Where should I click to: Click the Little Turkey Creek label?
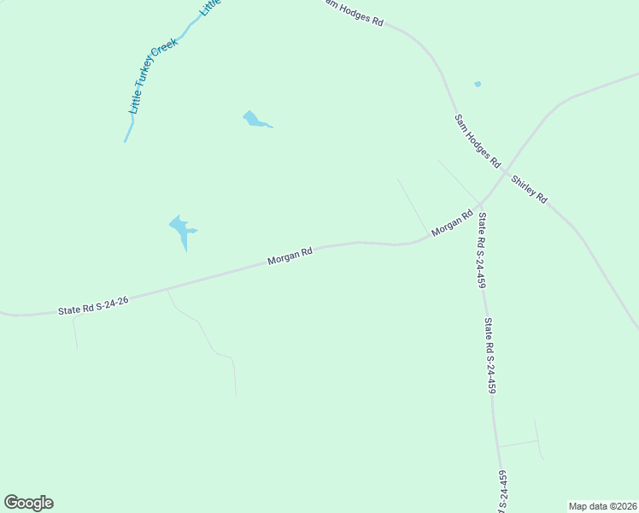(153, 77)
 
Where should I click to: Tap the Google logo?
(28, 503)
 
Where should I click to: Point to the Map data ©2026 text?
(602, 505)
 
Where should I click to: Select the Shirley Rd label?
(529, 189)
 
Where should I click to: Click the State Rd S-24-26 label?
(93, 306)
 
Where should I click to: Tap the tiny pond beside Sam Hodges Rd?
(478, 84)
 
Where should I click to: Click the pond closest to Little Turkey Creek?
(254, 120)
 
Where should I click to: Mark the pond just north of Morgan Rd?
(182, 229)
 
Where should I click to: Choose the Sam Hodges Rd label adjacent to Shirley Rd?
(477, 139)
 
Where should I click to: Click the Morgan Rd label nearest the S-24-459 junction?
(452, 224)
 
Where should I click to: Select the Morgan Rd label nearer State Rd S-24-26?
(290, 255)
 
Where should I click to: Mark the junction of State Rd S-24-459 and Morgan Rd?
(479, 205)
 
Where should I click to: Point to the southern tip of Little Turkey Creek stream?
(126, 141)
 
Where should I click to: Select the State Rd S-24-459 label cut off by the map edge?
(502, 492)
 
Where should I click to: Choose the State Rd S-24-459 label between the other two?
(490, 356)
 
